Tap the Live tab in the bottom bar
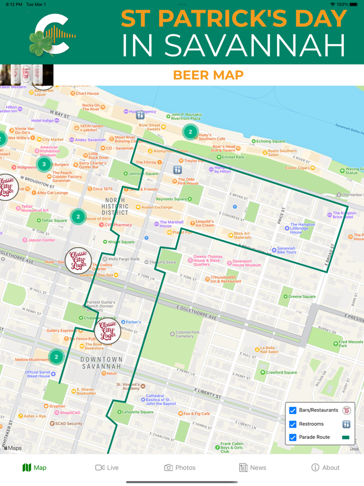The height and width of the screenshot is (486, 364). (x=107, y=467)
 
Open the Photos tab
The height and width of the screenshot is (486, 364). (x=179, y=467)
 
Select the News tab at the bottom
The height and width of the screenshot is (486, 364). (x=252, y=467)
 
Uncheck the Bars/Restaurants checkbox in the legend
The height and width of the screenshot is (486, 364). (x=293, y=411)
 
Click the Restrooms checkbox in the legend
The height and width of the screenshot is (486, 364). (x=293, y=424)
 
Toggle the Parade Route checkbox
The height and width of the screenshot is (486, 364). (x=293, y=437)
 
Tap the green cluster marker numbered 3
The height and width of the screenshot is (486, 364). (x=44, y=164)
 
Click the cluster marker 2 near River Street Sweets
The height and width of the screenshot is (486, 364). (x=190, y=132)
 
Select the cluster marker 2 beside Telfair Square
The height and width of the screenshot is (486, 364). (x=78, y=216)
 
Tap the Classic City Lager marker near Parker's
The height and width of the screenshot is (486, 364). (x=108, y=331)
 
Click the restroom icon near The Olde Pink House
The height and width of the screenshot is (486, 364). (x=178, y=170)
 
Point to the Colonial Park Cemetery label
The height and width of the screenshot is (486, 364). (x=187, y=334)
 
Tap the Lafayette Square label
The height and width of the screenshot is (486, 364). (x=137, y=412)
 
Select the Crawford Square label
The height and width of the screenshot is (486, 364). (x=281, y=373)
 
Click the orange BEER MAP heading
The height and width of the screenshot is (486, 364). (x=208, y=75)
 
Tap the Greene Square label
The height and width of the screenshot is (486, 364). (x=301, y=297)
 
